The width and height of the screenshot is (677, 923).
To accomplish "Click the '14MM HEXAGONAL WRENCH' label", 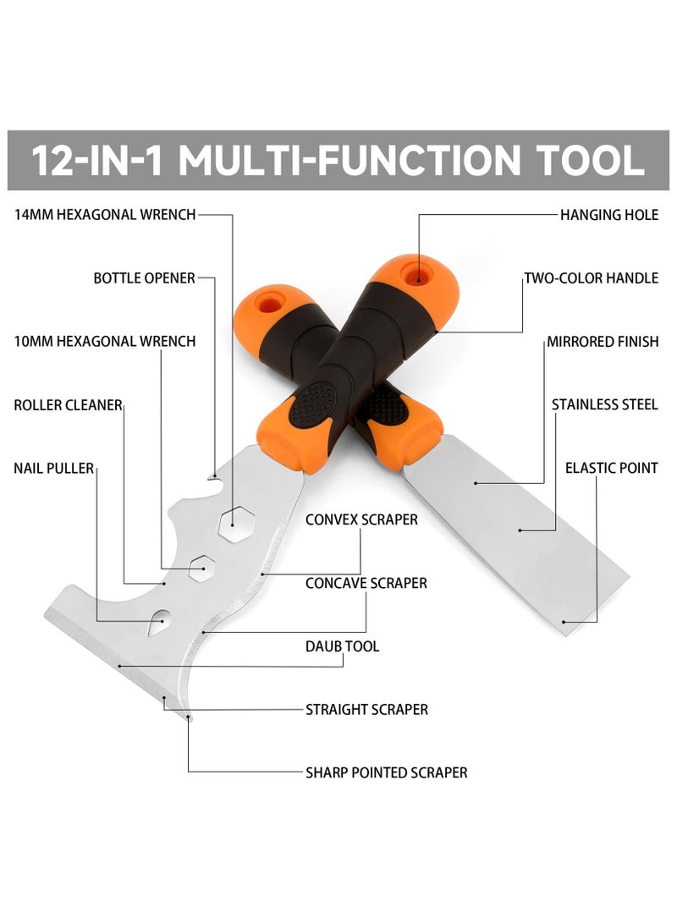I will (x=105, y=215).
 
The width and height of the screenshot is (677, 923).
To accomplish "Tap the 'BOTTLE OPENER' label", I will (x=144, y=278).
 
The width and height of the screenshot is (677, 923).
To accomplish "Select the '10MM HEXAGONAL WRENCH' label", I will (x=105, y=342).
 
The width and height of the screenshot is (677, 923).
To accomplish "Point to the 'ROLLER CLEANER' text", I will (x=68, y=405).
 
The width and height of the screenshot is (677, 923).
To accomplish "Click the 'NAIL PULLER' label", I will (x=53, y=468).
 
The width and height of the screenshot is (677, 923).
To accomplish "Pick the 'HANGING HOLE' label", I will (x=608, y=215).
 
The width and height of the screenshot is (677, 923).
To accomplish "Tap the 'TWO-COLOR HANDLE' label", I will (x=591, y=278).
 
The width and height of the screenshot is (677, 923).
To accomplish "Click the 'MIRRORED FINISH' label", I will (x=602, y=342).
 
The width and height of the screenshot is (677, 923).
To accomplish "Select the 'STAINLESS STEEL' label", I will (x=604, y=405).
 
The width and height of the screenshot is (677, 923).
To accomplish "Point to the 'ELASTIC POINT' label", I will (x=611, y=468).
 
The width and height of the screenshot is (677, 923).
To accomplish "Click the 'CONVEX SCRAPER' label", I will (x=361, y=519).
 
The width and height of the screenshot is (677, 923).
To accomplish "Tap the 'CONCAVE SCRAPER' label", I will (x=366, y=583).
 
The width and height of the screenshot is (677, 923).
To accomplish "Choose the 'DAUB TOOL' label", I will (x=342, y=646).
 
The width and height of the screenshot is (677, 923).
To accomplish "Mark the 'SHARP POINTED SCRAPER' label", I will (x=386, y=772).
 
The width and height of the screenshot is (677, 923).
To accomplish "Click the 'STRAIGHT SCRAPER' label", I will (x=366, y=710).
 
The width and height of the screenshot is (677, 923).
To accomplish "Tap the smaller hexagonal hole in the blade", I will (x=200, y=568).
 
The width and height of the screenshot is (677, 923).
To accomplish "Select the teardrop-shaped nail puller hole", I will (x=158, y=624).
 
